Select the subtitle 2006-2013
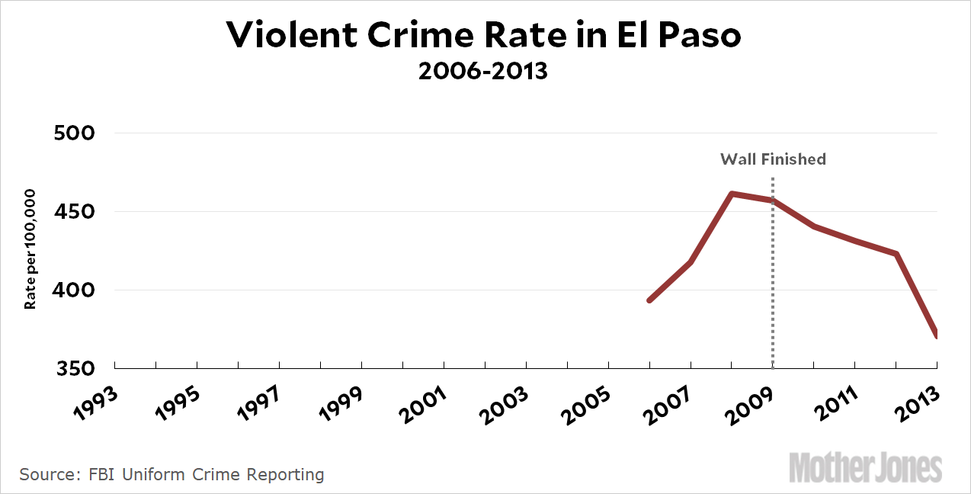[483, 73]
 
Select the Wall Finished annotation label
[773, 159]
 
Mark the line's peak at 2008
[732, 194]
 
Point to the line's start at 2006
[649, 300]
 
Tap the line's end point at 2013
[935, 335]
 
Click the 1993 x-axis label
[97, 399]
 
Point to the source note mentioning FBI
[172, 475]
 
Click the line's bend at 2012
[896, 254]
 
